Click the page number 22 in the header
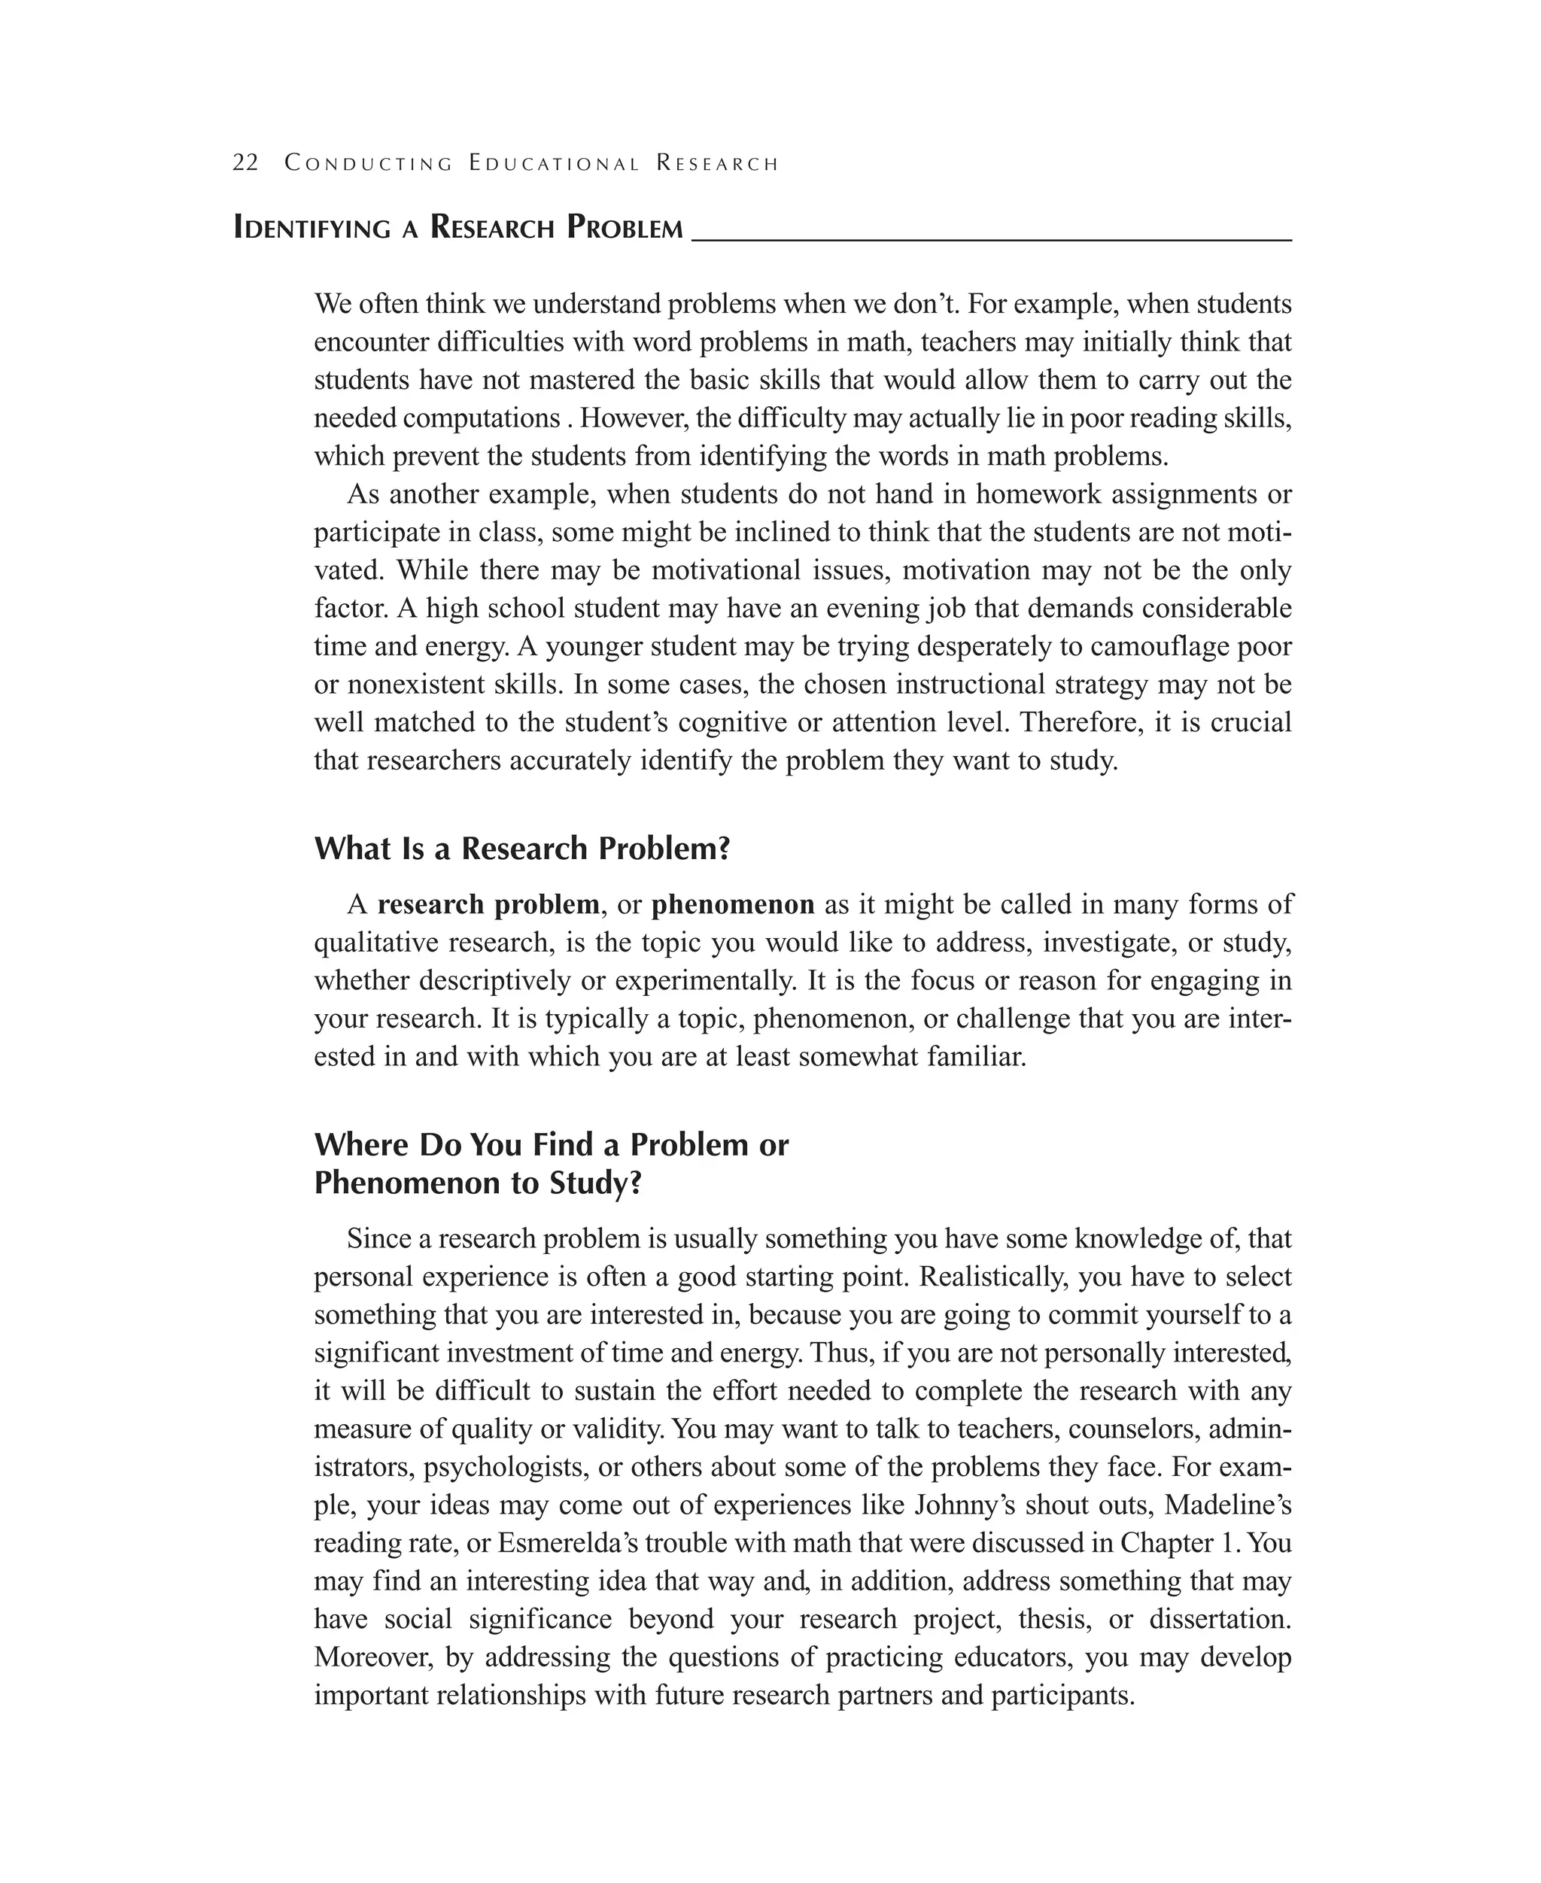(245, 163)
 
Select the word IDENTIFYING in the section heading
(312, 228)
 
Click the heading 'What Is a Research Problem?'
(522, 849)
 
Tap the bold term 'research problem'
(488, 904)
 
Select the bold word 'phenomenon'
(732, 904)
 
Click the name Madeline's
(1228, 1505)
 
